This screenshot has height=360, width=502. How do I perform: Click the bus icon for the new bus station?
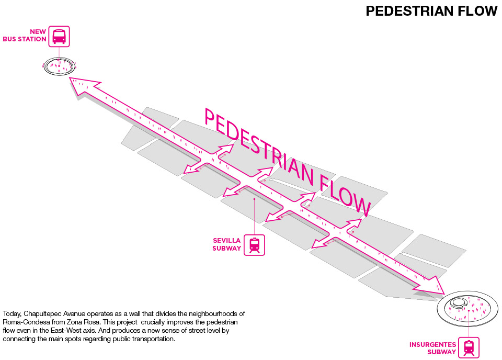point(59,37)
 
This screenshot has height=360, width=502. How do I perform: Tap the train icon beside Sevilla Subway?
point(255,245)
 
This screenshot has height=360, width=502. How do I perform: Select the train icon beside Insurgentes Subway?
point(469,347)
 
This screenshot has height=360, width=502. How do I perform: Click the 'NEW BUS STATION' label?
point(32,36)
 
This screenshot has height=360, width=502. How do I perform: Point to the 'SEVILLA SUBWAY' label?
point(226,244)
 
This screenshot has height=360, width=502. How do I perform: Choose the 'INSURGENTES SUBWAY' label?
point(432,348)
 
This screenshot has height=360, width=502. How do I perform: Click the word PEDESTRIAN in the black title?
point(409,11)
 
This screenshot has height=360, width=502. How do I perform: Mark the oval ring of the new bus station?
point(59,66)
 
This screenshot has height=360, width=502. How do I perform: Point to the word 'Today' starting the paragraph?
point(12,313)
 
